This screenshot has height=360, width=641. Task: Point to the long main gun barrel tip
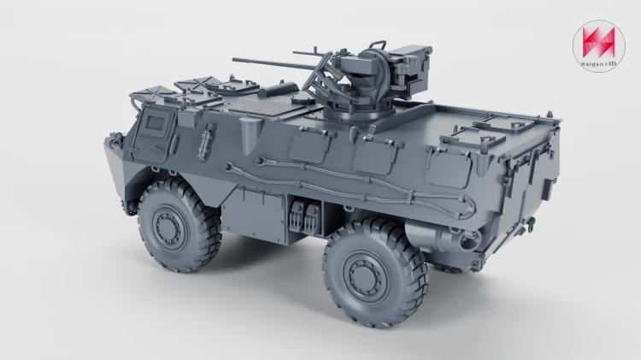tap(234, 60)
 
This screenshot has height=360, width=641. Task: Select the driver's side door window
tap(155, 123)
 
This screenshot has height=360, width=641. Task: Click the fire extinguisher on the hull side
tap(205, 141)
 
